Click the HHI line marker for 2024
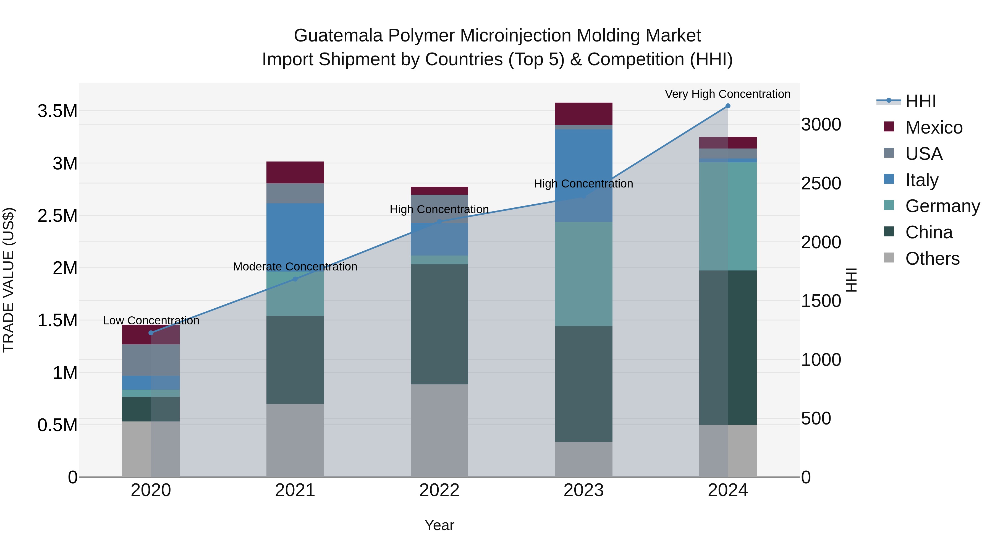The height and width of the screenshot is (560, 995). click(728, 106)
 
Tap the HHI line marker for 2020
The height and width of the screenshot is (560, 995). click(151, 333)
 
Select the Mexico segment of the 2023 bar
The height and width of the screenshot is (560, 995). click(584, 114)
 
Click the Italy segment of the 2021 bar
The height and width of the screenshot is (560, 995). click(295, 237)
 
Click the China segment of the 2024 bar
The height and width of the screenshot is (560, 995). click(728, 347)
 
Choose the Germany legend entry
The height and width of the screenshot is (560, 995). click(942, 206)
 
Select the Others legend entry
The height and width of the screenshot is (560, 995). click(932, 259)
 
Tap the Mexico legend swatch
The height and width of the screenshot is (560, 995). click(889, 127)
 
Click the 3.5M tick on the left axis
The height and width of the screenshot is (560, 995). click(57, 111)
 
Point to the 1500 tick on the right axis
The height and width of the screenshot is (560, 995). click(821, 301)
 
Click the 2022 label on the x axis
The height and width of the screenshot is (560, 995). click(439, 490)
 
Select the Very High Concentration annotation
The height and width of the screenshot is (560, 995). click(728, 94)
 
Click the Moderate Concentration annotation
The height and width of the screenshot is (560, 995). click(295, 267)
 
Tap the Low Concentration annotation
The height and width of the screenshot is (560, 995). click(151, 321)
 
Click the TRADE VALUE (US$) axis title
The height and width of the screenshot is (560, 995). click(9, 280)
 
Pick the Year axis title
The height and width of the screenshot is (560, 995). click(439, 525)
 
